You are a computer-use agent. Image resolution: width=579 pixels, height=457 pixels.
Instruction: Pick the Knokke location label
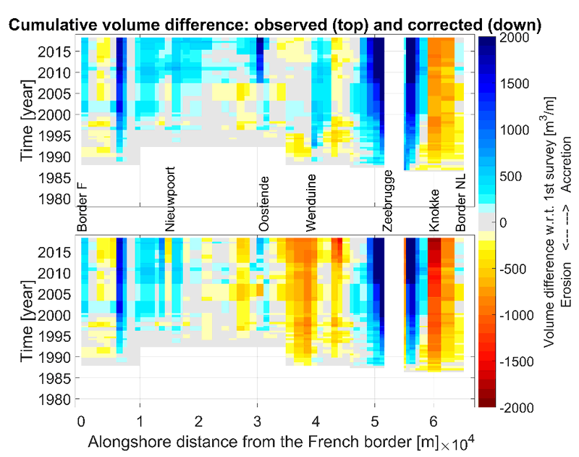coord(434,211)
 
